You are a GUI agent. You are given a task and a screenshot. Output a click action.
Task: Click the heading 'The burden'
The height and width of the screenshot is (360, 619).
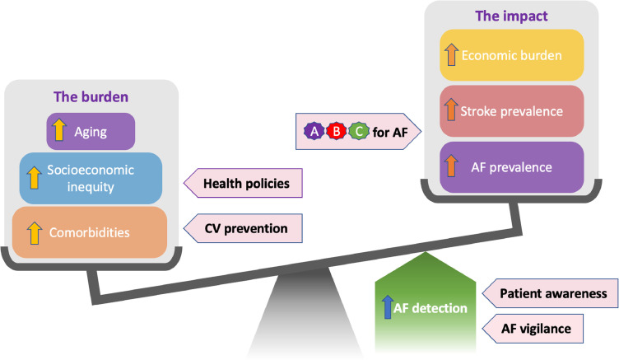click(x=91, y=96)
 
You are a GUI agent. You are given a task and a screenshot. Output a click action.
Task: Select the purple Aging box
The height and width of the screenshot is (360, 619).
click(x=91, y=132)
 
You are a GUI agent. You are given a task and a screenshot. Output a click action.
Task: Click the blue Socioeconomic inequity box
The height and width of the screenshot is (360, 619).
click(x=91, y=178)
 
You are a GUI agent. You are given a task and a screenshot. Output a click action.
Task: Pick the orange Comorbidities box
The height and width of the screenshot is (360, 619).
click(x=91, y=232)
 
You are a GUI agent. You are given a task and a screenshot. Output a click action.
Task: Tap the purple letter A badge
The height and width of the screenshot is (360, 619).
click(x=314, y=131)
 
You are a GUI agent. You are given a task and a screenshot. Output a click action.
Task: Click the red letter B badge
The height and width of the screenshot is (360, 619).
click(x=335, y=131)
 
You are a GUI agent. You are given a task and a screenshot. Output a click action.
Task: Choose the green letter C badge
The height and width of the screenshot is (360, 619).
click(x=356, y=131)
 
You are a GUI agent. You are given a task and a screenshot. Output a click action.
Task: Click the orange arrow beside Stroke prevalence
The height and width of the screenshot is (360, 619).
click(x=450, y=111)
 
